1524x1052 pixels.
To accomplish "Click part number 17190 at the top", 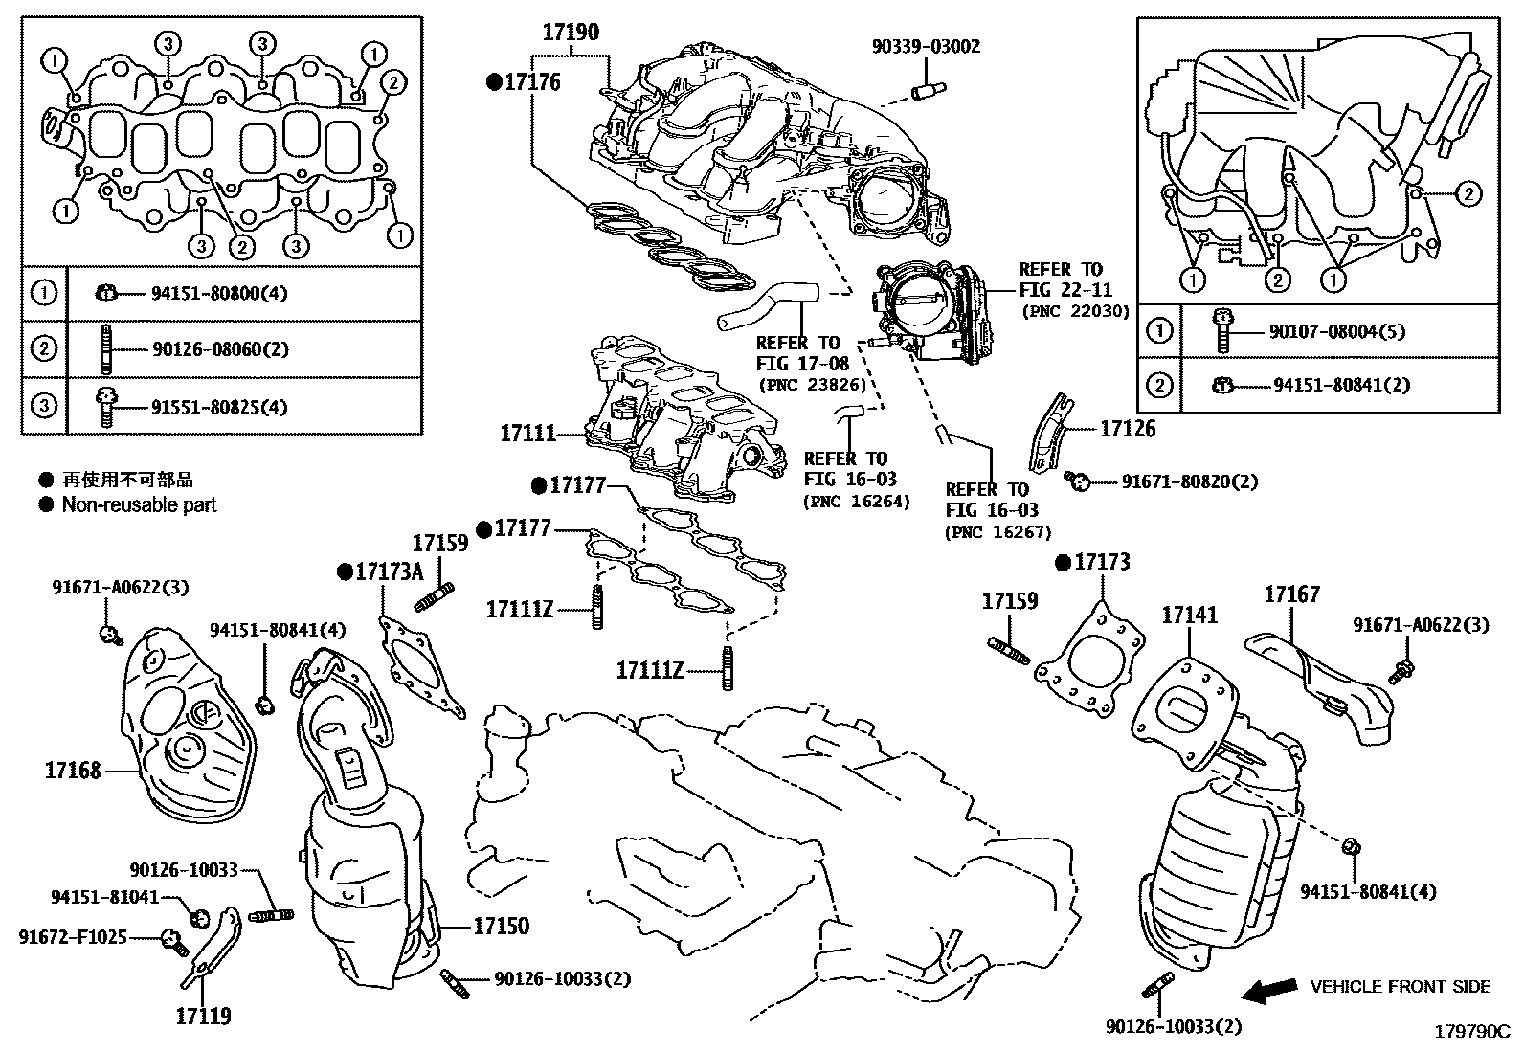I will coord(571,33).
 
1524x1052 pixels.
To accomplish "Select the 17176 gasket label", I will coord(532,82).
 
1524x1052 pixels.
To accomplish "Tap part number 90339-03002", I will coord(926,46).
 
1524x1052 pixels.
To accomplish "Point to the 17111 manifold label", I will coord(527,434).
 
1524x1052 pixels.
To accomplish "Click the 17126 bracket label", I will coord(1127,429).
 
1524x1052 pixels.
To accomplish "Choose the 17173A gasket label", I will coord(389,571).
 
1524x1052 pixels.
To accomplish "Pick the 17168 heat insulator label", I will coord(72,769).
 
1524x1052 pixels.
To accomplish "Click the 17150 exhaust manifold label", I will coord(501,926).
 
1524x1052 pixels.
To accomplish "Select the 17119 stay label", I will coord(203,1016).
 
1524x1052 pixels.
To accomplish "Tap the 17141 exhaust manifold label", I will coord(1190,615).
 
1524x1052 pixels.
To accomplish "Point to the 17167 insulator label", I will coord(1292,594).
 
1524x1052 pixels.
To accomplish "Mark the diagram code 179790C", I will coord(1470,1033).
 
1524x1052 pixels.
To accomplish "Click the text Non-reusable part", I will coord(139,504).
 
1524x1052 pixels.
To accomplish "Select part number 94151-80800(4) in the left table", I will coord(218,293).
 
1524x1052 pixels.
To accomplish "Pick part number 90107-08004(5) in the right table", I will coord(1336,332).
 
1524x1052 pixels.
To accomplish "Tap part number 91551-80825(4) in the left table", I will coord(219,407).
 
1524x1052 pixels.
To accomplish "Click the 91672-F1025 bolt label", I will coord(73,937).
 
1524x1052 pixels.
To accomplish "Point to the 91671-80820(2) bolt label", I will coord(1189,481).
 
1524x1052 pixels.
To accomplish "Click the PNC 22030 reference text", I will coord(1076,311).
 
